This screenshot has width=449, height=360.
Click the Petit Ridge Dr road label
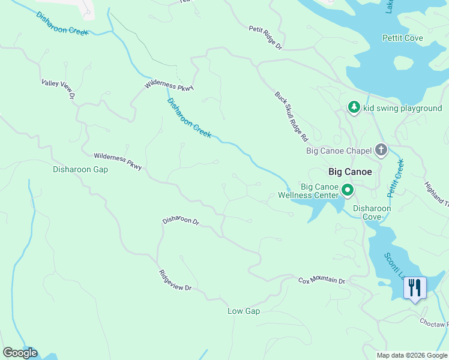265,37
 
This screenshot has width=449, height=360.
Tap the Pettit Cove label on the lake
402,38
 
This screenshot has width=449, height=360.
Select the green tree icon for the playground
354,107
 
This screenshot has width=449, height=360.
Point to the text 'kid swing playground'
402,108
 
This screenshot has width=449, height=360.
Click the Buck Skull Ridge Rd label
291,116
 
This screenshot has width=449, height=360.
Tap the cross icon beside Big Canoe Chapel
381,150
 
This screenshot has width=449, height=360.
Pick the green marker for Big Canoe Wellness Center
347,191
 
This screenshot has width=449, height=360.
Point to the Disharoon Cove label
372,212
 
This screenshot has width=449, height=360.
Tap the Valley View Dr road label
58,89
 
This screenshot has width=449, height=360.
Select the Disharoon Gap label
80,170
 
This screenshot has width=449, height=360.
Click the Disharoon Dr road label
181,221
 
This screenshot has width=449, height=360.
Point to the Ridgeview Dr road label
175,280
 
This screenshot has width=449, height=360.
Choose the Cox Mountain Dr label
322,281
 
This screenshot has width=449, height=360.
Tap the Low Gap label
243,311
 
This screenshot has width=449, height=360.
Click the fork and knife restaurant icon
414,288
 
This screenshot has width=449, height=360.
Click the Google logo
20,353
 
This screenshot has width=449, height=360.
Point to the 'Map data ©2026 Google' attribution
411,355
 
